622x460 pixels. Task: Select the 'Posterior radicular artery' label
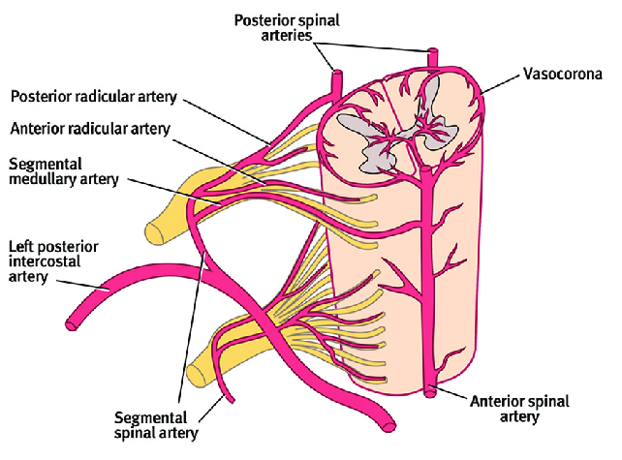pos(81,97)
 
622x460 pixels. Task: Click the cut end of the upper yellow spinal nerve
pos(156,231)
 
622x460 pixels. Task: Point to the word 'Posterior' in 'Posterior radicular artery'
pos(39,97)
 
